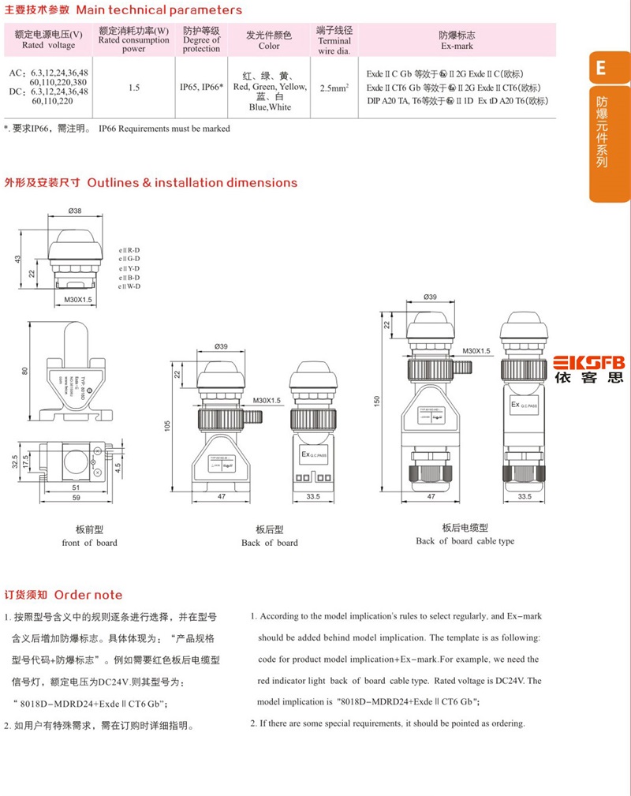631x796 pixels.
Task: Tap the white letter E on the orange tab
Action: (x=601, y=69)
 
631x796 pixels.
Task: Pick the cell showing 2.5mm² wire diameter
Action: (x=334, y=88)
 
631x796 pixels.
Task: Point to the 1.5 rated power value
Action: (x=134, y=88)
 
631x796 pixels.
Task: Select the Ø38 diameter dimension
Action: (x=76, y=211)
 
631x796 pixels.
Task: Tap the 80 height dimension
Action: (x=24, y=371)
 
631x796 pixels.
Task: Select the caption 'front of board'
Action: (x=89, y=542)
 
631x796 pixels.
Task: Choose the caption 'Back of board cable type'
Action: (x=465, y=540)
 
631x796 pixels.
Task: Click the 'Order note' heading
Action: (x=88, y=595)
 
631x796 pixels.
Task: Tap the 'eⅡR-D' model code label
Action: (x=129, y=249)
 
